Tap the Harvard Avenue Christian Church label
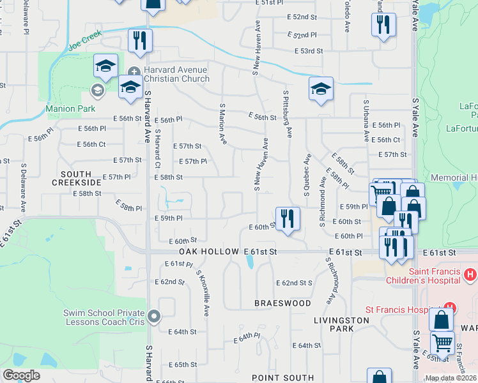tap(176, 75)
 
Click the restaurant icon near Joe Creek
tap(140, 41)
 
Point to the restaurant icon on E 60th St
tap(288, 219)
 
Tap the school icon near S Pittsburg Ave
tap(321, 89)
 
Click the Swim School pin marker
tap(154, 315)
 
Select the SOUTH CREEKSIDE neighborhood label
tap(81, 178)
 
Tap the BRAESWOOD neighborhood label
tap(282, 303)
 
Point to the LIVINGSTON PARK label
tap(333, 324)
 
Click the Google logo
tap(22, 375)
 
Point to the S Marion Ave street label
tap(223, 124)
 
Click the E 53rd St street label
tap(309, 50)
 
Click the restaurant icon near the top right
tap(383, 25)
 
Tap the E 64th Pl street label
tap(247, 337)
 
